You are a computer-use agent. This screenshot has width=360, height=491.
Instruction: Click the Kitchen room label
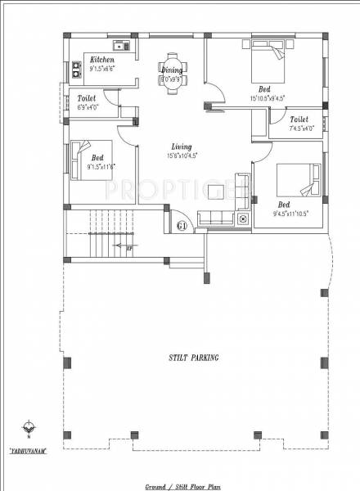[x=102, y=60]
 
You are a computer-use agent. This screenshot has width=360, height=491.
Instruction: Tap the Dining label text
[x=172, y=70]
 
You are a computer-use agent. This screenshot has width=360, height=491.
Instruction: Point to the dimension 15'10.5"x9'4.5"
[x=265, y=98]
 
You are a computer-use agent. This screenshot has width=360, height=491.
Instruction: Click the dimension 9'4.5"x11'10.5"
[x=284, y=214]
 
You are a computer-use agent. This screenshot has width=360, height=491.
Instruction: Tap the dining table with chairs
[x=172, y=74]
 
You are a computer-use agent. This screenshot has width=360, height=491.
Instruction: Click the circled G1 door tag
[x=182, y=224]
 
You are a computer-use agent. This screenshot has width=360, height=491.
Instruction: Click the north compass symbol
[x=29, y=427]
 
